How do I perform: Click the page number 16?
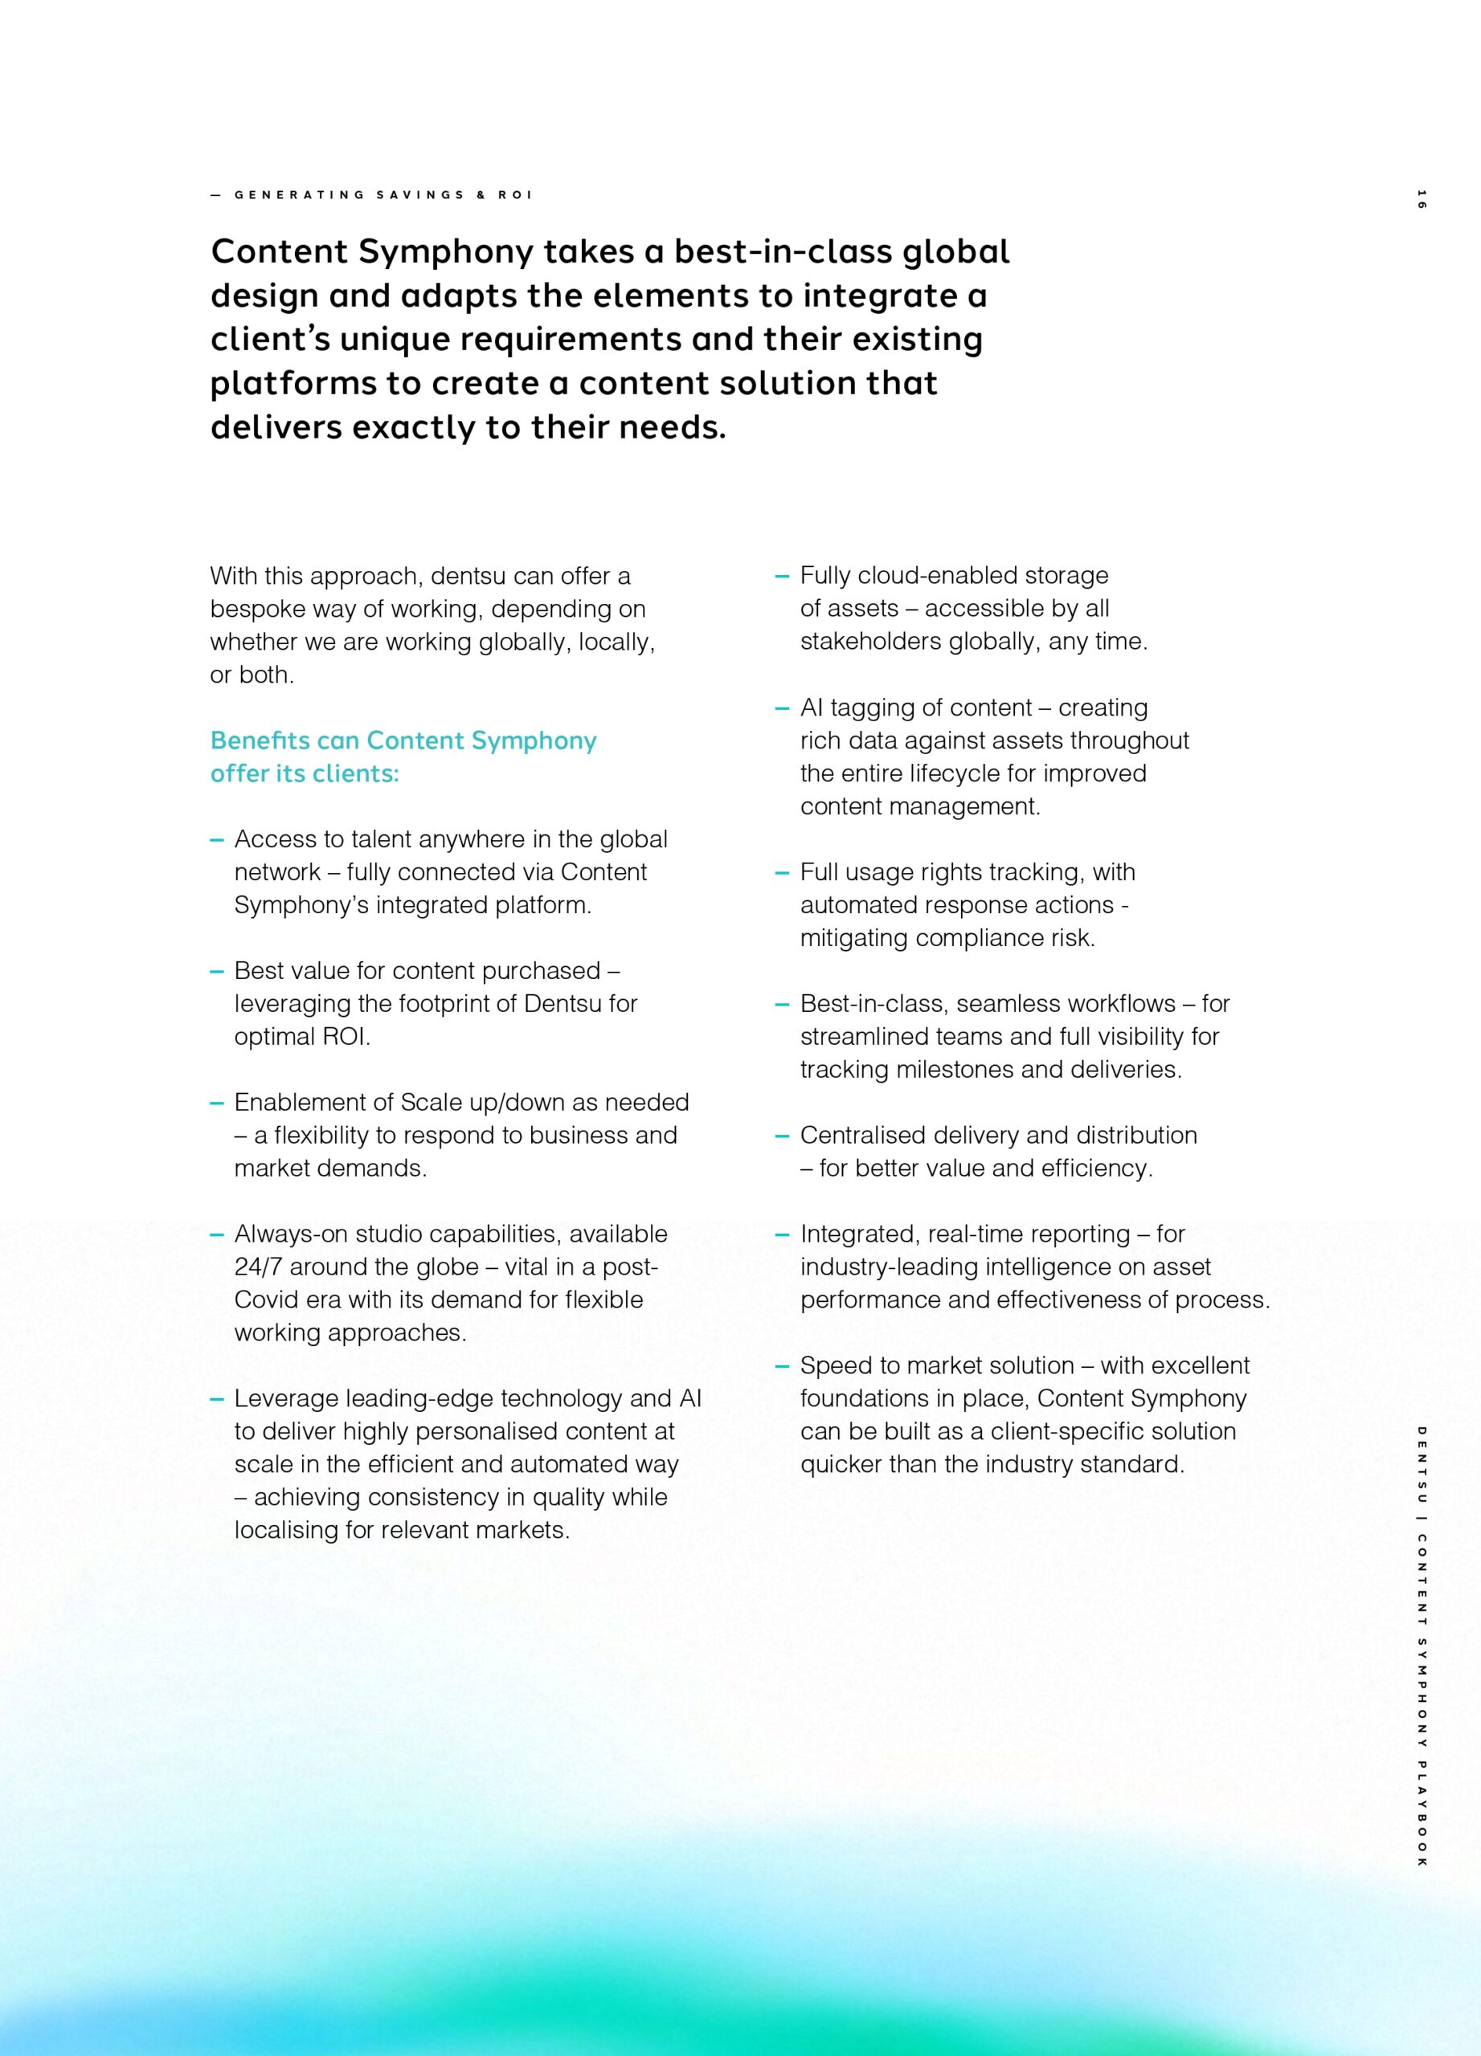click(1420, 198)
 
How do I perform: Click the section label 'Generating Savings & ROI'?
click(383, 195)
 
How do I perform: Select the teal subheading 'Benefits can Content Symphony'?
click(403, 740)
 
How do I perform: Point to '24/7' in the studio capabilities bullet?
click(259, 1267)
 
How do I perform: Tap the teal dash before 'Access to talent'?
click(217, 840)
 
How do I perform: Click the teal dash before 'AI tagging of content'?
click(782, 709)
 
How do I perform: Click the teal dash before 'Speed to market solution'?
click(782, 1366)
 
